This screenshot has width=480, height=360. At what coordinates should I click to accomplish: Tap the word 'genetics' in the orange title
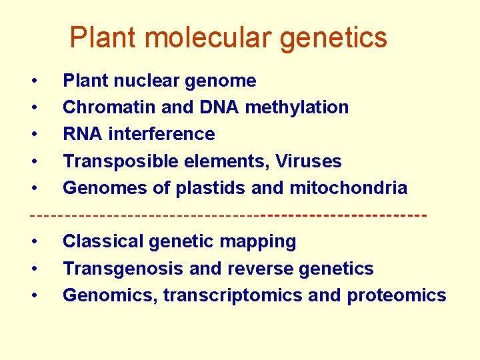[333, 37]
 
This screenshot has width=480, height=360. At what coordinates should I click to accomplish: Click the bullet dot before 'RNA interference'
[35, 135]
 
